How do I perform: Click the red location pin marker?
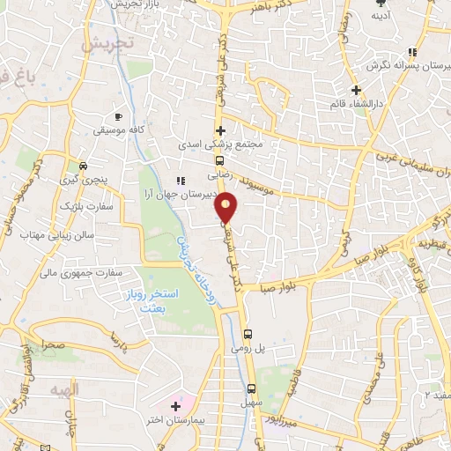pyautogui.click(x=227, y=209)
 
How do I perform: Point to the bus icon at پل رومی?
pyautogui.click(x=248, y=334)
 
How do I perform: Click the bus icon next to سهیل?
pyautogui.click(x=251, y=388)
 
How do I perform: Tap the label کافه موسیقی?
pyautogui.click(x=119, y=129)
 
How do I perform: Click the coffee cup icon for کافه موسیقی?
pyautogui.click(x=119, y=115)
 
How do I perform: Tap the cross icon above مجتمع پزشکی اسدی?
pyautogui.click(x=220, y=130)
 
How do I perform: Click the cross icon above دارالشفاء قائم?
pyautogui.click(x=356, y=89)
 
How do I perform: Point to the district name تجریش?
pyautogui.click(x=114, y=42)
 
